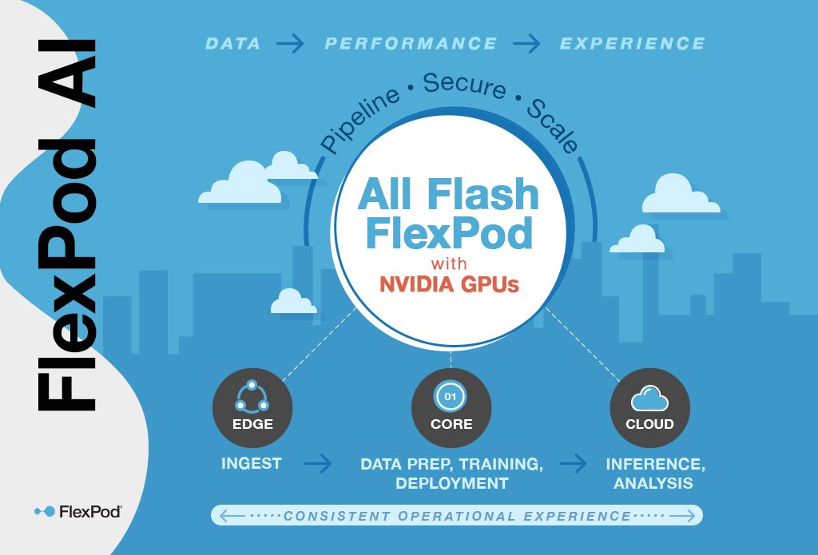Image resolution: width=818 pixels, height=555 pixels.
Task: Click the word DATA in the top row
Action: click(233, 43)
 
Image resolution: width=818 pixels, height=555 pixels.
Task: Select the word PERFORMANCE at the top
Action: click(411, 43)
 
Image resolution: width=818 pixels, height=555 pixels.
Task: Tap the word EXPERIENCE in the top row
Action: click(632, 43)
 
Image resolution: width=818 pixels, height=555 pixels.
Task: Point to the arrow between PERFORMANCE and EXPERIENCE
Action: click(527, 43)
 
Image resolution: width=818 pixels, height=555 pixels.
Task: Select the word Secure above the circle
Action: click(465, 85)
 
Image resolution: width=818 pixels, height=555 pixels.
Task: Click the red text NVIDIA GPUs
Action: click(449, 284)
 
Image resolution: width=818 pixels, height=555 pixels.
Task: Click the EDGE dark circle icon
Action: click(252, 408)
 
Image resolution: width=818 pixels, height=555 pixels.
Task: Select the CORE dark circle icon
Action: click(451, 408)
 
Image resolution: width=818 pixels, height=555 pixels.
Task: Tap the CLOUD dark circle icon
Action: click(649, 408)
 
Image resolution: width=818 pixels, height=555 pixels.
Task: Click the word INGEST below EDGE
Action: click(252, 463)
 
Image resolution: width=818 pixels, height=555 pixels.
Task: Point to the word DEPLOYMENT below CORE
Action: click(451, 483)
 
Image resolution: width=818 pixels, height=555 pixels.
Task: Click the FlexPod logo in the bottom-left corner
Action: click(78, 511)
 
